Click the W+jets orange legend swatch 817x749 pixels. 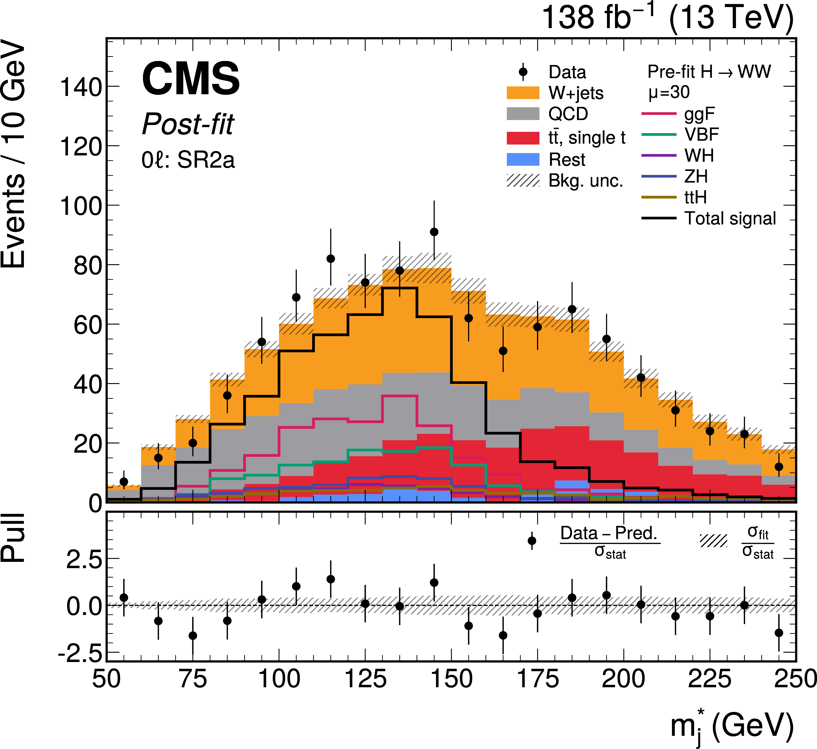tap(523, 93)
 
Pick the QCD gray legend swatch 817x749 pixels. tap(523, 114)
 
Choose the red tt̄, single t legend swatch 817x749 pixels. tap(523, 138)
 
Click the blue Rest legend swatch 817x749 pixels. tap(523, 159)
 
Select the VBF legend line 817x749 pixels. tap(659, 135)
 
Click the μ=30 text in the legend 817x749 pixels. tap(669, 92)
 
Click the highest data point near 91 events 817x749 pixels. tap(434, 232)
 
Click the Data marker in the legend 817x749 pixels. tap(523, 72)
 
